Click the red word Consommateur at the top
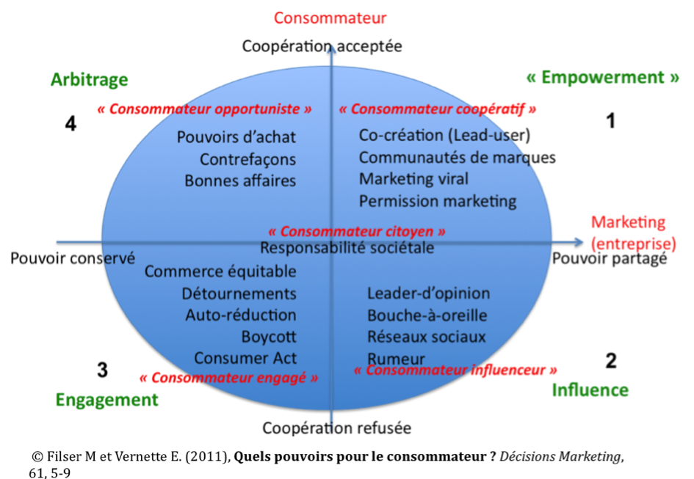pos(330,18)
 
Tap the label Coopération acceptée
pos(322,46)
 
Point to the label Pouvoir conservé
pos(73,258)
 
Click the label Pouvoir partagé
pos(609,258)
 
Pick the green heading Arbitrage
pos(90,80)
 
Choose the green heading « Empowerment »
pos(603,78)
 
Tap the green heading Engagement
pos(106,400)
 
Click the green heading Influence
pos(590,390)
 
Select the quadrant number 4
pos(71,125)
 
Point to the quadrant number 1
pos(610,122)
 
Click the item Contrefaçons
pos(247,159)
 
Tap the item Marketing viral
pos(413,179)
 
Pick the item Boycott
pos(269,337)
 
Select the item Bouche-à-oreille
pos(427,316)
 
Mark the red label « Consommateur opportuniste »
pos(205,109)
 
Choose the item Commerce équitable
pos(220,272)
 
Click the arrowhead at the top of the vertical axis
pos(332,49)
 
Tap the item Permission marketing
pos(438,201)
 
